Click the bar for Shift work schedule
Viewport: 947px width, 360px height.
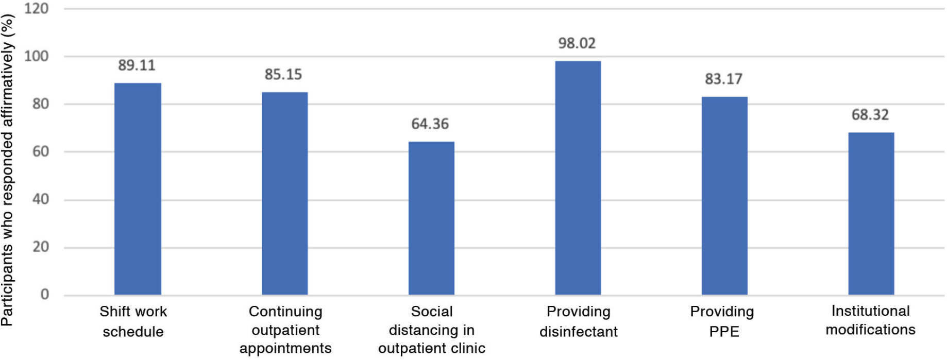pyautogui.click(x=138, y=189)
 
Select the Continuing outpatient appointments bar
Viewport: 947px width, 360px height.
pyautogui.click(x=285, y=194)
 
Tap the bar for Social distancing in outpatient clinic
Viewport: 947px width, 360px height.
pyautogui.click(x=431, y=218)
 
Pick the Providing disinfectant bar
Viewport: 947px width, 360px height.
pyautogui.click(x=578, y=178)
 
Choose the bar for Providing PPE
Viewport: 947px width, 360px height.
pyautogui.click(x=724, y=196)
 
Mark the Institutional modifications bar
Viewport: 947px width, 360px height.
pyautogui.click(x=871, y=214)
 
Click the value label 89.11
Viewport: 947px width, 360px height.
pyautogui.click(x=137, y=65)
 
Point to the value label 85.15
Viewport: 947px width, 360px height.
pyautogui.click(x=283, y=75)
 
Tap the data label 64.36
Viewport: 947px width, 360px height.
pyautogui.click(x=430, y=124)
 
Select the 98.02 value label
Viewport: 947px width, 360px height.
pyautogui.click(x=577, y=43)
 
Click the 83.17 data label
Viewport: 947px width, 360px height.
pyautogui.click(x=724, y=79)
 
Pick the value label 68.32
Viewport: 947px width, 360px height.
pyautogui.click(x=870, y=115)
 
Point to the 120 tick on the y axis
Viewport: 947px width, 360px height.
pyautogui.click(x=37, y=9)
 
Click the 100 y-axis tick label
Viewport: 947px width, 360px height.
pyautogui.click(x=37, y=56)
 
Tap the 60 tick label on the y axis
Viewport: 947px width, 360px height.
pyautogui.click(x=41, y=152)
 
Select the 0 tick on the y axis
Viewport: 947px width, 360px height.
pyautogui.click(x=45, y=295)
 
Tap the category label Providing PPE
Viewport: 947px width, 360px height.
pyautogui.click(x=722, y=321)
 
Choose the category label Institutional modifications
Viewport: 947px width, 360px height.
pyautogui.click(x=871, y=320)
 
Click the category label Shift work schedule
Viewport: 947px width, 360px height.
pyautogui.click(x=133, y=321)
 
